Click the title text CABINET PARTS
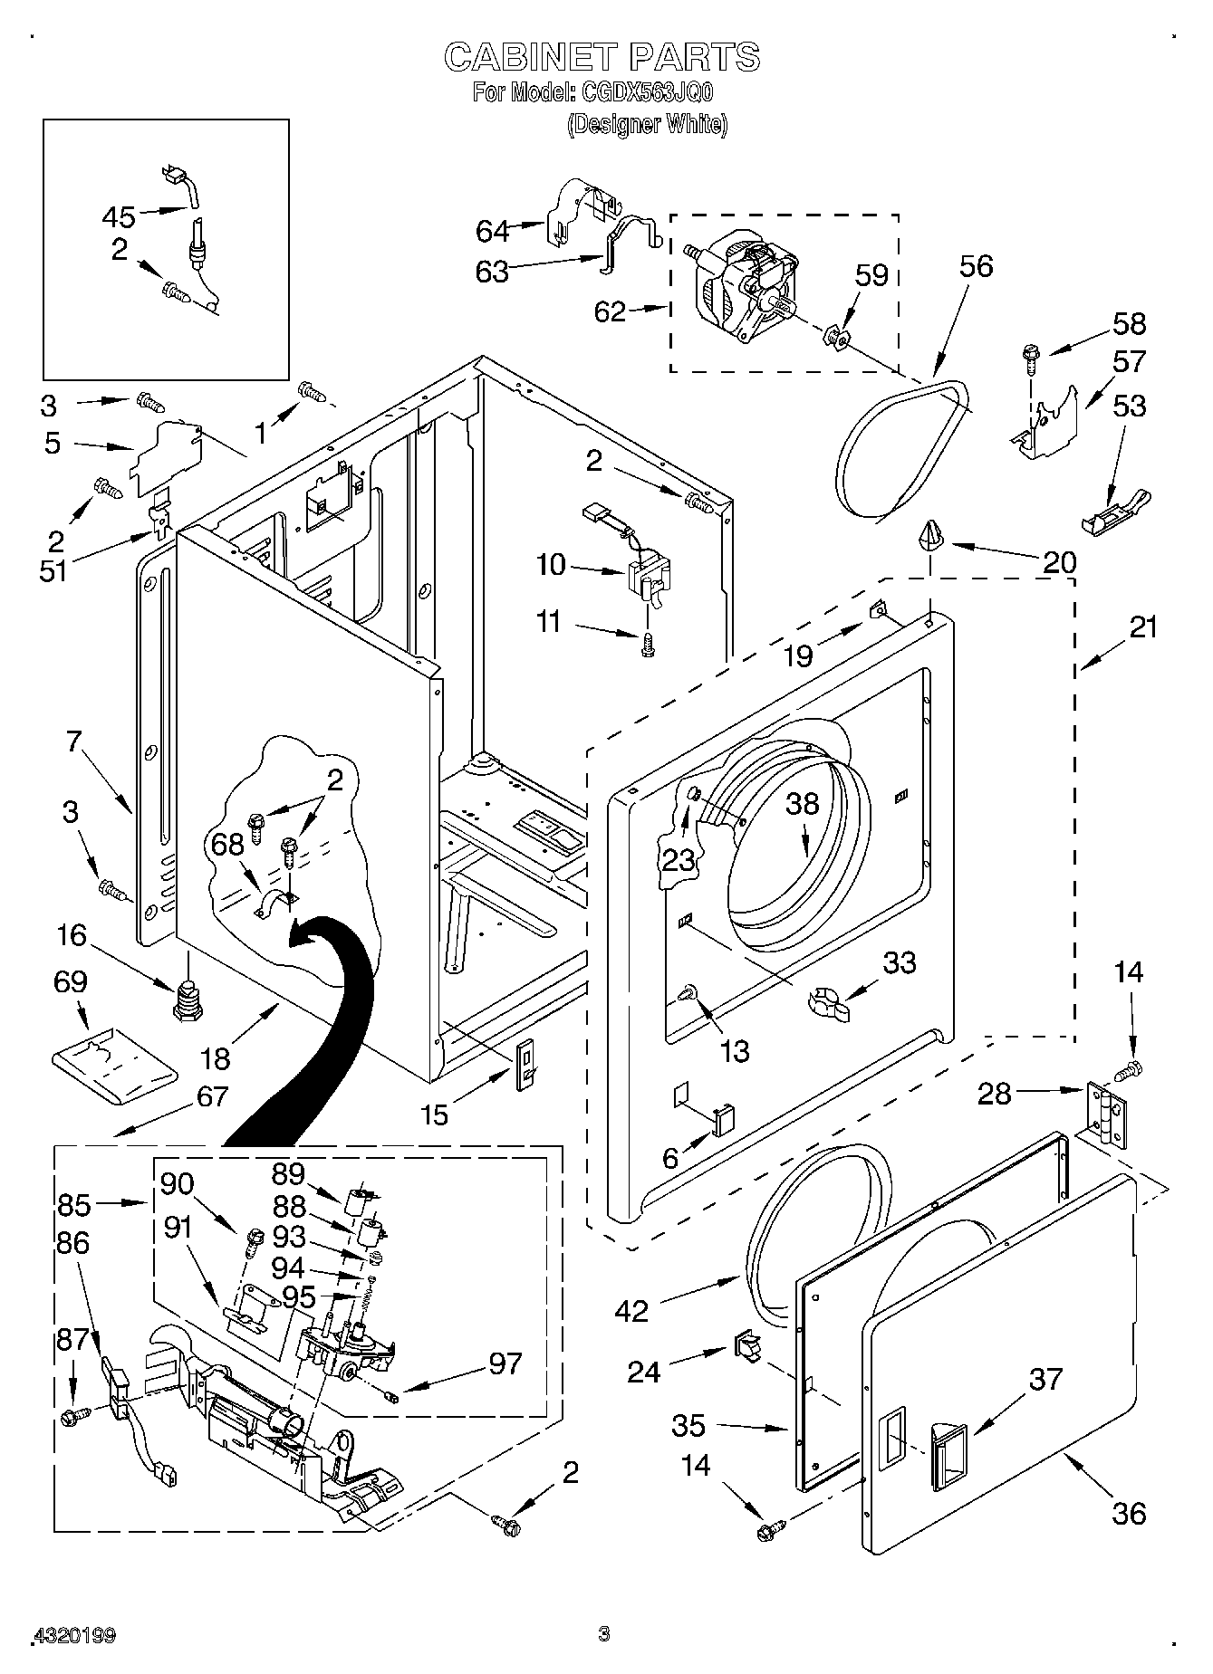pyautogui.click(x=602, y=56)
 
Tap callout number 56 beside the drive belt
pyautogui.click(x=976, y=265)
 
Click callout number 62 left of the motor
pyautogui.click(x=610, y=311)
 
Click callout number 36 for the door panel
pyautogui.click(x=1128, y=1512)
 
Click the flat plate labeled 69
pyautogui.click(x=115, y=1067)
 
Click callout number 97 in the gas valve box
pyautogui.click(x=505, y=1363)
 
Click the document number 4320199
pyautogui.click(x=74, y=1635)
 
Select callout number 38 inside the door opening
pyautogui.click(x=802, y=804)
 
